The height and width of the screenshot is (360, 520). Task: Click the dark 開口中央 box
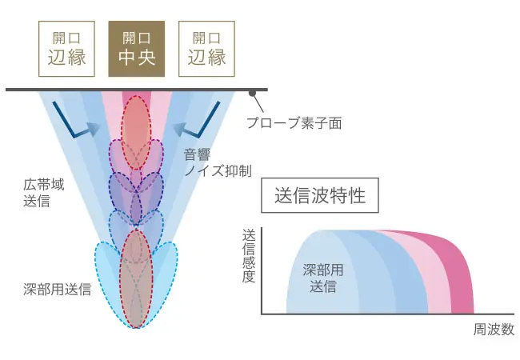pyautogui.click(x=136, y=48)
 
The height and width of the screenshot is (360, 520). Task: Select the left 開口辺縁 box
pyautogui.click(x=66, y=48)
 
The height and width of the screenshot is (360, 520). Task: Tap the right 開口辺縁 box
pyautogui.click(x=206, y=48)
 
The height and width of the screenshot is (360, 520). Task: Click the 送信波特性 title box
pyautogui.click(x=319, y=194)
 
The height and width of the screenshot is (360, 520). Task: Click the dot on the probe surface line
pyautogui.click(x=254, y=93)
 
